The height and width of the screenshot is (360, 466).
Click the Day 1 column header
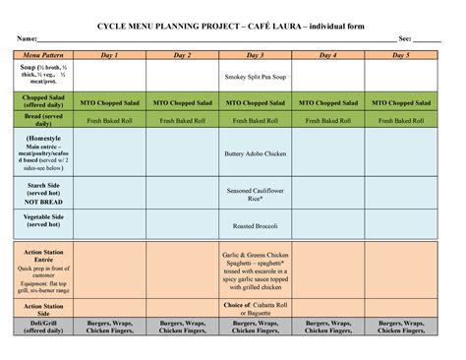(109, 56)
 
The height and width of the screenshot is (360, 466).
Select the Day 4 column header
(327, 56)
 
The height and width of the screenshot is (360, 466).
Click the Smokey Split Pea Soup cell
(255, 75)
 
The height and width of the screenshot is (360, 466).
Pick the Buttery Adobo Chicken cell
(255, 153)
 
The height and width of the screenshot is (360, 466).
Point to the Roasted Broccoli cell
(255, 225)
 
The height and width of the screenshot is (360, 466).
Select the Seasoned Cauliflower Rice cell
(255, 194)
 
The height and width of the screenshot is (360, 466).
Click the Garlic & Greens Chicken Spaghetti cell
(255, 270)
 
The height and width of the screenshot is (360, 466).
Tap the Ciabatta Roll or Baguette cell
(255, 309)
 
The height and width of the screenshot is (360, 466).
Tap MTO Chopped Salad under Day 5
(400, 102)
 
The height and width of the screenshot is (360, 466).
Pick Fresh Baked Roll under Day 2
(182, 121)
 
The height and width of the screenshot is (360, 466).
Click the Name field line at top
(197, 38)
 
